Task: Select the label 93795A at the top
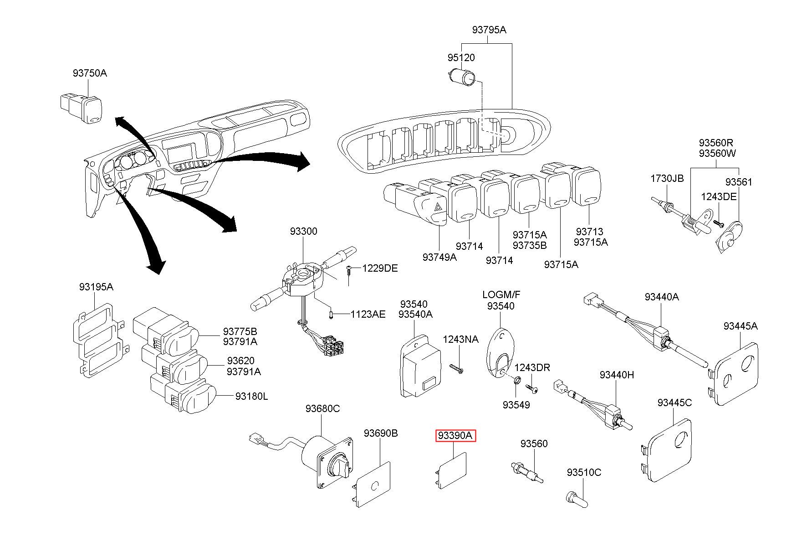coord(489,30)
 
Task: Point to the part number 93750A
coord(90,73)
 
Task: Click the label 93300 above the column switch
coord(303,231)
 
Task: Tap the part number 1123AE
coord(368,314)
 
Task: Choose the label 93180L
coord(251,397)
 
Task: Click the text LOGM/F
coord(501,295)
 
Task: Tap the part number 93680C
coord(322,408)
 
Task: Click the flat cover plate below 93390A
coord(451,470)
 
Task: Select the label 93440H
coord(617,375)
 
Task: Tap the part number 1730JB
coord(667,178)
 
